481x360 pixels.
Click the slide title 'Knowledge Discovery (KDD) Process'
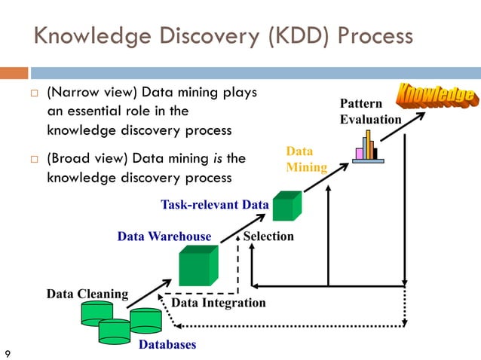(223, 36)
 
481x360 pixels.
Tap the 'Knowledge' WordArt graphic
(437, 95)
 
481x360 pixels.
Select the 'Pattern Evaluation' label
(370, 111)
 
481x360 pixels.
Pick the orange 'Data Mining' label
(306, 159)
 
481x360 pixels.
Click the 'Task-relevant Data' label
(215, 204)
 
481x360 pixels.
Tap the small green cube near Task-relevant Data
(286, 206)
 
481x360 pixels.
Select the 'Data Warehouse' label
(164, 236)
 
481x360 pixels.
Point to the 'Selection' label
(268, 236)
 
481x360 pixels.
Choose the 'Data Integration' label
(219, 303)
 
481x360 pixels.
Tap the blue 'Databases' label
(167, 345)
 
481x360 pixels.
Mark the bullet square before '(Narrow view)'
(33, 93)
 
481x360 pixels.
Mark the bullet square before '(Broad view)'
(33, 160)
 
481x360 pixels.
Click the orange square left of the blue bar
(14, 73)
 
